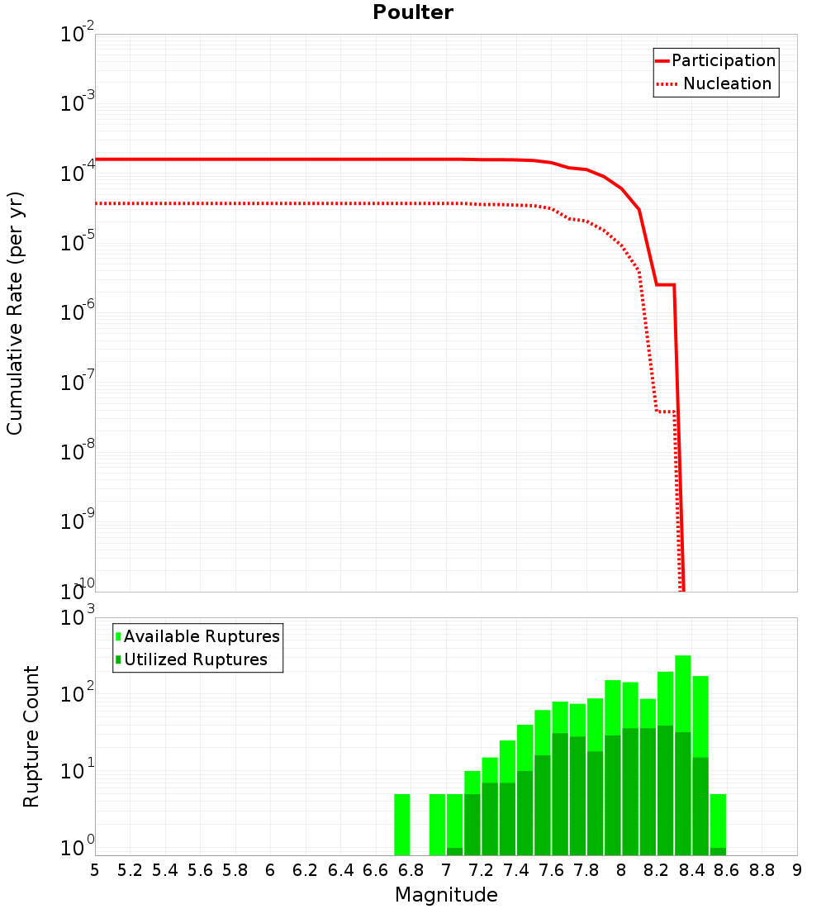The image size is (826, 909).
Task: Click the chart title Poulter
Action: pyautogui.click(x=413, y=12)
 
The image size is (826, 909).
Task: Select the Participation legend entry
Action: pyautogui.click(x=723, y=60)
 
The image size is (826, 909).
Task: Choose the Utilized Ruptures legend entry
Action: pyautogui.click(x=195, y=659)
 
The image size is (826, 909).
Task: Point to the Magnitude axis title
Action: pyautogui.click(x=446, y=894)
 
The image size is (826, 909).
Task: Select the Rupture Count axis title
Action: pyautogui.click(x=31, y=735)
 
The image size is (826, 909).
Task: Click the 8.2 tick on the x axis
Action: pyautogui.click(x=657, y=870)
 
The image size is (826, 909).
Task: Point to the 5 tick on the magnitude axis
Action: pyautogui.click(x=95, y=870)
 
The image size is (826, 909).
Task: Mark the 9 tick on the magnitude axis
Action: pyautogui.click(x=797, y=870)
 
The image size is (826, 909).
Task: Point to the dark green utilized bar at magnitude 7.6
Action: pyautogui.click(x=560, y=793)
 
